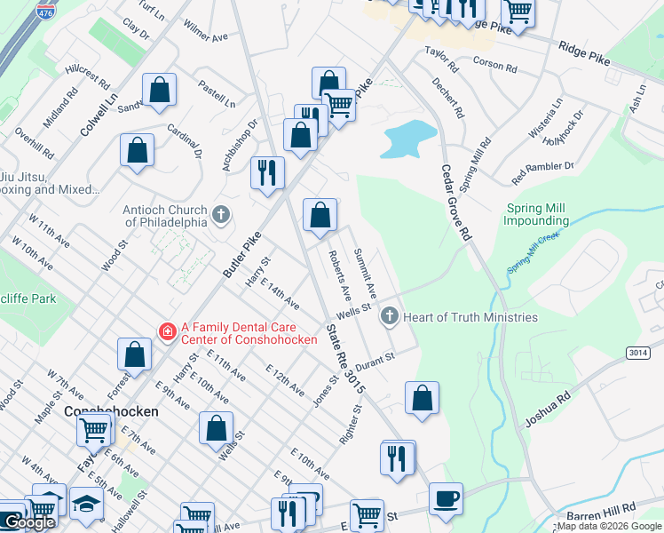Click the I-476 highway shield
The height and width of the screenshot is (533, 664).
tap(44, 12)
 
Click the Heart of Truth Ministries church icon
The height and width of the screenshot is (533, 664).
tap(389, 316)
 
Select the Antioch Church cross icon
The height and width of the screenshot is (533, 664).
tap(221, 214)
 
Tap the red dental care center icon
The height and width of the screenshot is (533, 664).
tap(166, 331)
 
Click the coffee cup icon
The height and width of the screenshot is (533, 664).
tap(446, 497)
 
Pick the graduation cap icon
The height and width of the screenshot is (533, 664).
tap(85, 504)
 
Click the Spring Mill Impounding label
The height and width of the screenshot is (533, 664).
tap(537, 215)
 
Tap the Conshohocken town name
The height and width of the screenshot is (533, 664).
tap(111, 412)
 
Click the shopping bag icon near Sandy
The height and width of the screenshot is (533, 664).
tap(159, 89)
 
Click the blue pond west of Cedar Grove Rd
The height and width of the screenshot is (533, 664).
tap(409, 138)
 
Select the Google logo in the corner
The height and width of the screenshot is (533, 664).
tap(28, 522)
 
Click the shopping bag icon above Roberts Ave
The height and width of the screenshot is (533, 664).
tap(320, 214)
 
